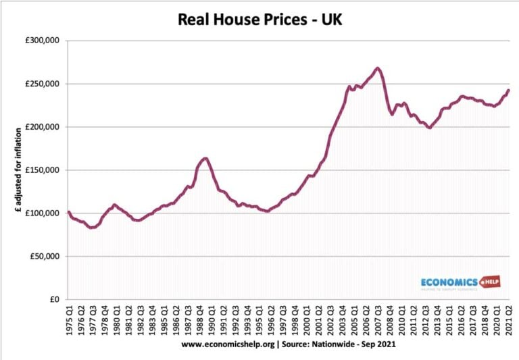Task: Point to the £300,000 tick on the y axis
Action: click(41, 41)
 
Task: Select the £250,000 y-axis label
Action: click(41, 84)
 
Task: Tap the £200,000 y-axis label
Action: click(41, 127)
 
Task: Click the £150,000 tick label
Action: click(41, 170)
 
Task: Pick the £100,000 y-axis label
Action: click(41, 213)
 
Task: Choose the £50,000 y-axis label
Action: click(43, 257)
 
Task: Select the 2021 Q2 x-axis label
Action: click(508, 317)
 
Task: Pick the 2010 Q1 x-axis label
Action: click(403, 317)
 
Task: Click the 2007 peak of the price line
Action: click(378, 68)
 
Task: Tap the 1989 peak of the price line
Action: click(205, 159)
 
